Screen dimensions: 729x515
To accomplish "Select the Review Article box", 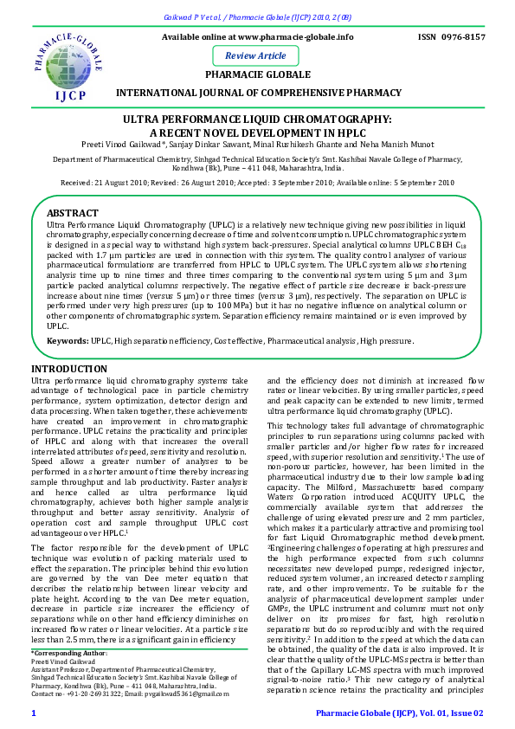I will click(x=255, y=55).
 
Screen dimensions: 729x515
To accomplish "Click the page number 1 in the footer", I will click(x=34, y=713).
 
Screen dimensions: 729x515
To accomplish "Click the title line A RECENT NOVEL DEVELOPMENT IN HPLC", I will click(x=257, y=132).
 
